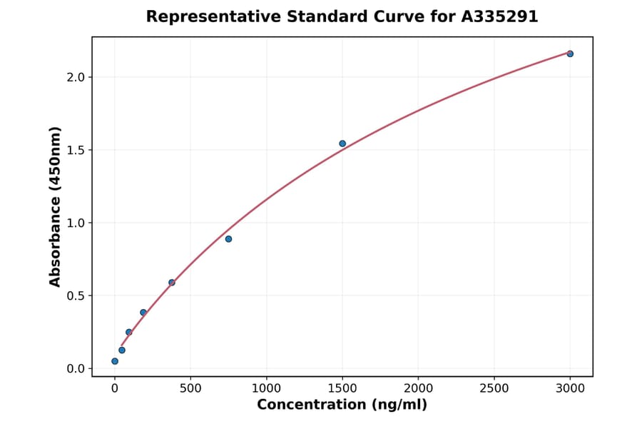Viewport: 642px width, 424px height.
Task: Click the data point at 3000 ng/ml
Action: tap(570, 54)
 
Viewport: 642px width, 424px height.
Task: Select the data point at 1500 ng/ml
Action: tap(342, 143)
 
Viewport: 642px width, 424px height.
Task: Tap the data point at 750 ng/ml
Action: tap(228, 238)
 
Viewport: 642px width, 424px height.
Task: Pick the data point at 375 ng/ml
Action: tap(172, 282)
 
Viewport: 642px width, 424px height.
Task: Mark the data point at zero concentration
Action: tap(115, 361)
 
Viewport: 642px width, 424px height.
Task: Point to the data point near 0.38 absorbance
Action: tap(143, 313)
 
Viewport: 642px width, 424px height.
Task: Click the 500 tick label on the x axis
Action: tap(190, 389)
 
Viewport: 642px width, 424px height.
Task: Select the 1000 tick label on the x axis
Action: tap(266, 389)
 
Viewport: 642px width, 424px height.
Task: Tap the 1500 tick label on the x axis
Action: tap(342, 389)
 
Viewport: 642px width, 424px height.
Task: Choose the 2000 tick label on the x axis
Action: tap(418, 389)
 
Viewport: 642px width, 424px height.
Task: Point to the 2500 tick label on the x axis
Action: tap(494, 389)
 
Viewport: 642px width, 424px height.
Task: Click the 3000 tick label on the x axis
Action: tap(570, 389)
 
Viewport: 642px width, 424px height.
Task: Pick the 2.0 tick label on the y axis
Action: tap(76, 77)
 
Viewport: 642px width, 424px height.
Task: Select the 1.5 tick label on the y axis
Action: tap(76, 150)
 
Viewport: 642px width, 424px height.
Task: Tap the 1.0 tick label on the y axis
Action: tap(76, 223)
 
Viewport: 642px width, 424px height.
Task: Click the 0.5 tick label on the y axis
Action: tap(76, 296)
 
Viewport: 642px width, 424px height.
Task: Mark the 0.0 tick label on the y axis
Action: tap(76, 369)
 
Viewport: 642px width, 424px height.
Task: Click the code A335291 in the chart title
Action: tap(499, 16)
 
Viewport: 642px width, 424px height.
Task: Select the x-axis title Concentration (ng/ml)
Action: tap(342, 405)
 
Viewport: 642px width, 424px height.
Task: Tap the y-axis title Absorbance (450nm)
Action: tap(56, 206)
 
